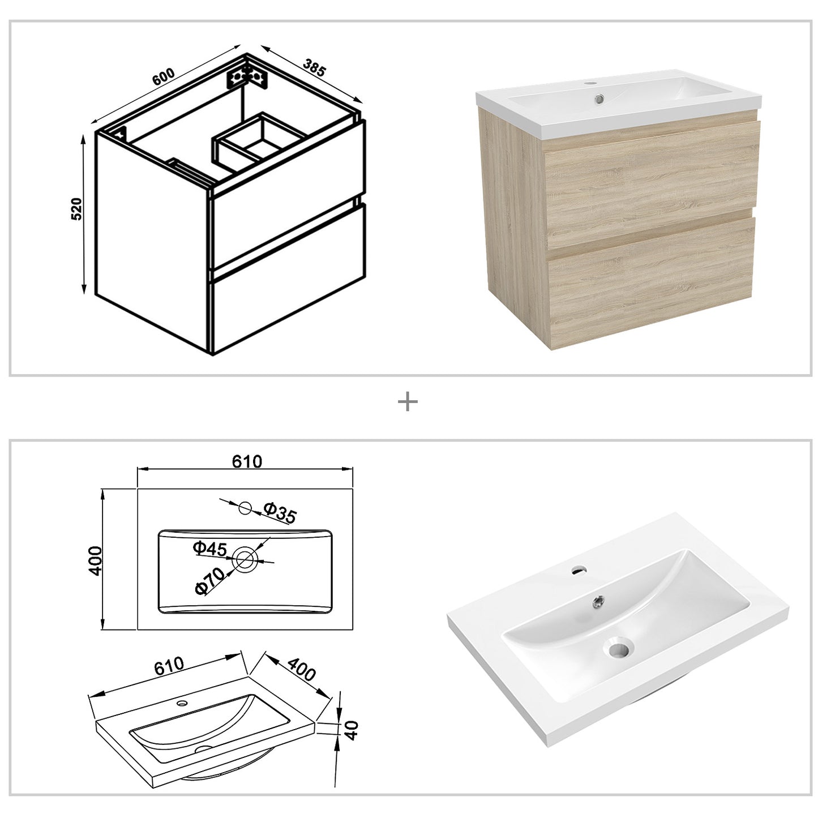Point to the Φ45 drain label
209,548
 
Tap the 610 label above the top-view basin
247,461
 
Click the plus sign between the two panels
408,402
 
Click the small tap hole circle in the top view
245,508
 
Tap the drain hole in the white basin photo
620,647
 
